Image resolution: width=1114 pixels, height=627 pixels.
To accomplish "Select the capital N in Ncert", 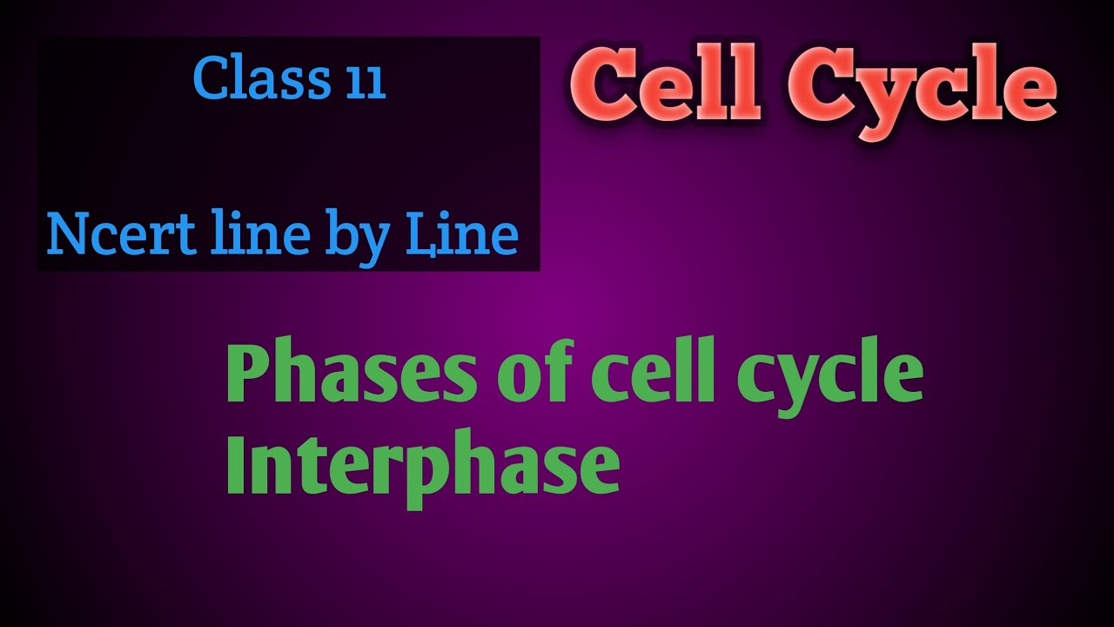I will tap(67, 234).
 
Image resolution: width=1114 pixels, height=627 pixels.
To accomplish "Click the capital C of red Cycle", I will tap(817, 87).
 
